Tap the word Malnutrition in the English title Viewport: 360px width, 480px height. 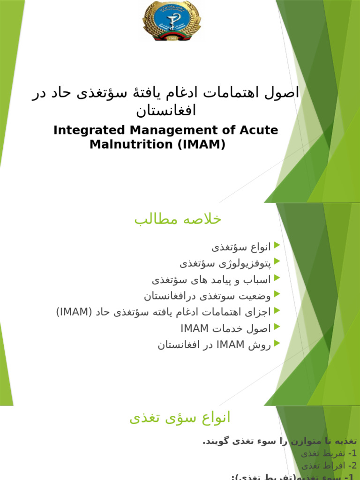(x=131, y=144)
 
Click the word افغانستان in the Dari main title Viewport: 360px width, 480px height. (x=166, y=111)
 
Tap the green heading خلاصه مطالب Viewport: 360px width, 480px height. (x=178, y=219)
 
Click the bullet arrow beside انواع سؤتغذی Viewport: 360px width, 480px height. (x=277, y=245)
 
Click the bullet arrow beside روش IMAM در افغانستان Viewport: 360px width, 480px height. (x=277, y=344)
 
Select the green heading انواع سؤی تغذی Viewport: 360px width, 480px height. (x=180, y=417)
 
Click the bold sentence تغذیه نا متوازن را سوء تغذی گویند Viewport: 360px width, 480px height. (x=279, y=441)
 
